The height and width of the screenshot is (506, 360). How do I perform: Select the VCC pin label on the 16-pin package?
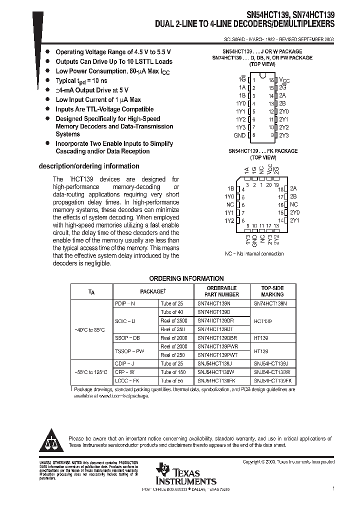point(284,80)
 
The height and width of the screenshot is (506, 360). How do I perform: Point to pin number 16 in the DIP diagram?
point(271,80)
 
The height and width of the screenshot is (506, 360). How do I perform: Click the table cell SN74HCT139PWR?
point(217,346)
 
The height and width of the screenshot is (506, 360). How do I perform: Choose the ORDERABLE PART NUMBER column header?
point(221,291)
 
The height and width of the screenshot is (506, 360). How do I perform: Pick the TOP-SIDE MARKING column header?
point(272,291)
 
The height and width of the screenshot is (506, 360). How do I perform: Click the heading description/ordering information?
point(89,166)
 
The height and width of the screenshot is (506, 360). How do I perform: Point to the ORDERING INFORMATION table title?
point(186,278)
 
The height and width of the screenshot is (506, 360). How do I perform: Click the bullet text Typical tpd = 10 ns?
point(81,80)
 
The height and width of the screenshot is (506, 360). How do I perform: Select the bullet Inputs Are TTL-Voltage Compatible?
point(104,109)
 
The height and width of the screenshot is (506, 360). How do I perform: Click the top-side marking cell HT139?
point(261,338)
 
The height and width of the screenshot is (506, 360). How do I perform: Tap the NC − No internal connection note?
point(254,253)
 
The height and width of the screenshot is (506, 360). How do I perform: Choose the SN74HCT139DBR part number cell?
point(217,338)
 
